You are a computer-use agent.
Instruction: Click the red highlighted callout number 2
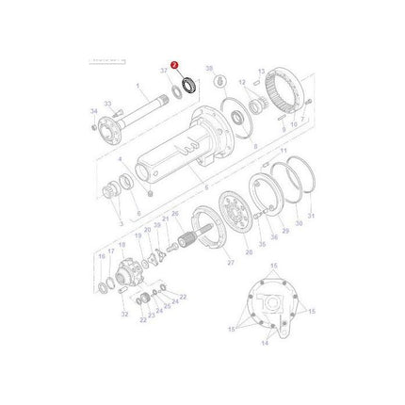[173, 65]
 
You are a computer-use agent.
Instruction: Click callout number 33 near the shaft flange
[106, 104]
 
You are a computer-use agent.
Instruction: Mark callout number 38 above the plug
[209, 68]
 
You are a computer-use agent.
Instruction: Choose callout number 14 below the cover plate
[266, 345]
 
